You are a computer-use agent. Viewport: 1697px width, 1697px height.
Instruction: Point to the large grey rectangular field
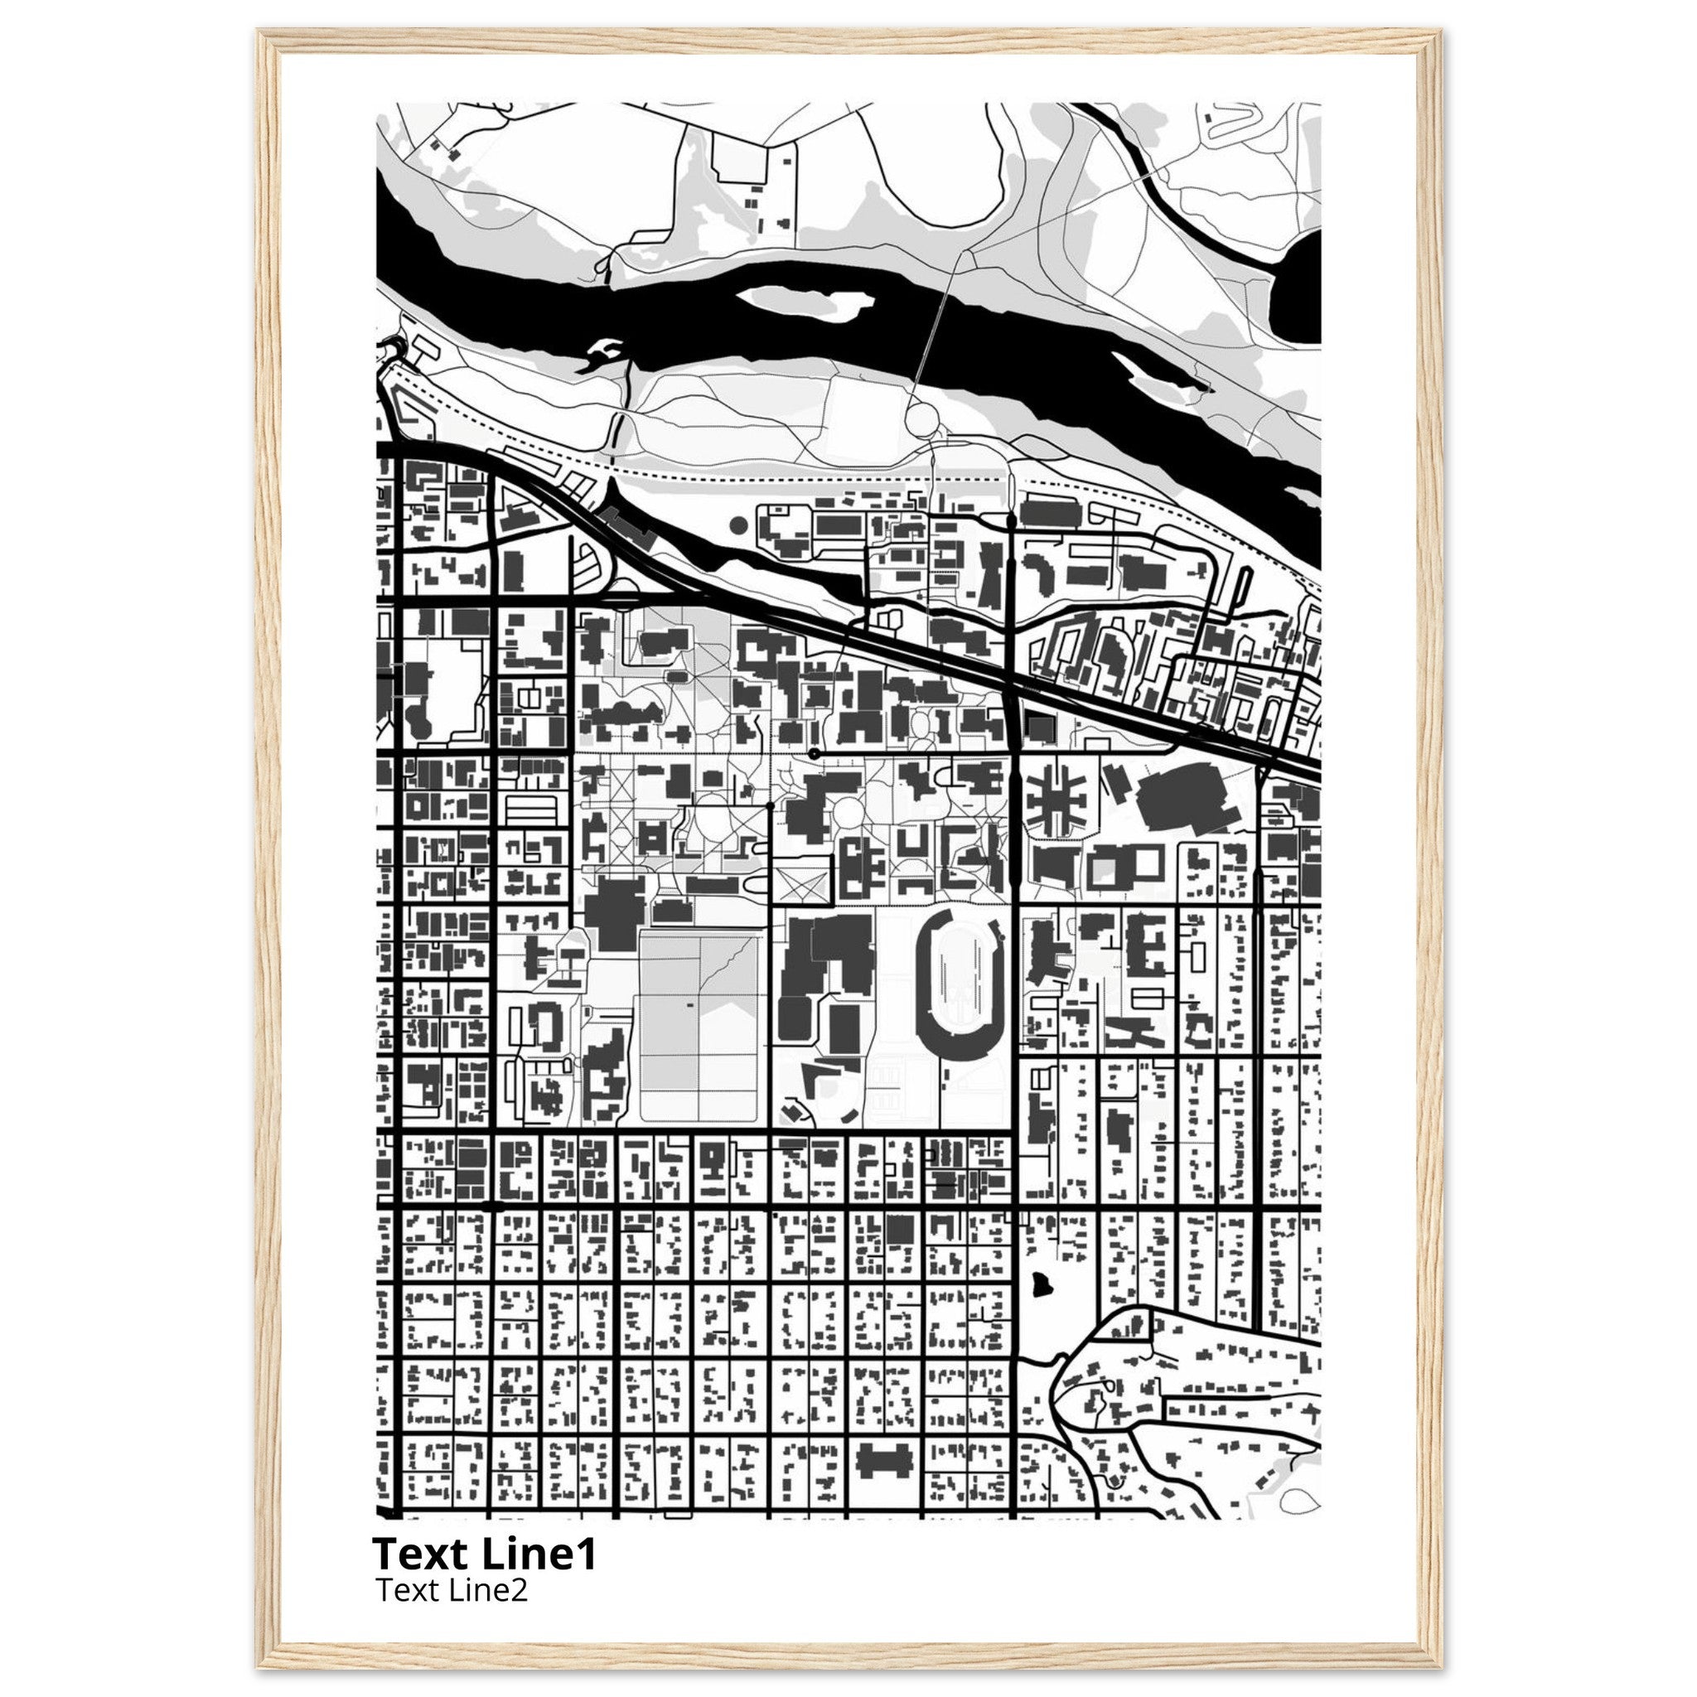[x=699, y=1026]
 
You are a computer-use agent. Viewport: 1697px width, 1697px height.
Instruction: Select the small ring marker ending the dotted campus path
[x=815, y=754]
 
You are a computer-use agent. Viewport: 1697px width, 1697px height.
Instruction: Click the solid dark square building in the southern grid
[x=898, y=1230]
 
